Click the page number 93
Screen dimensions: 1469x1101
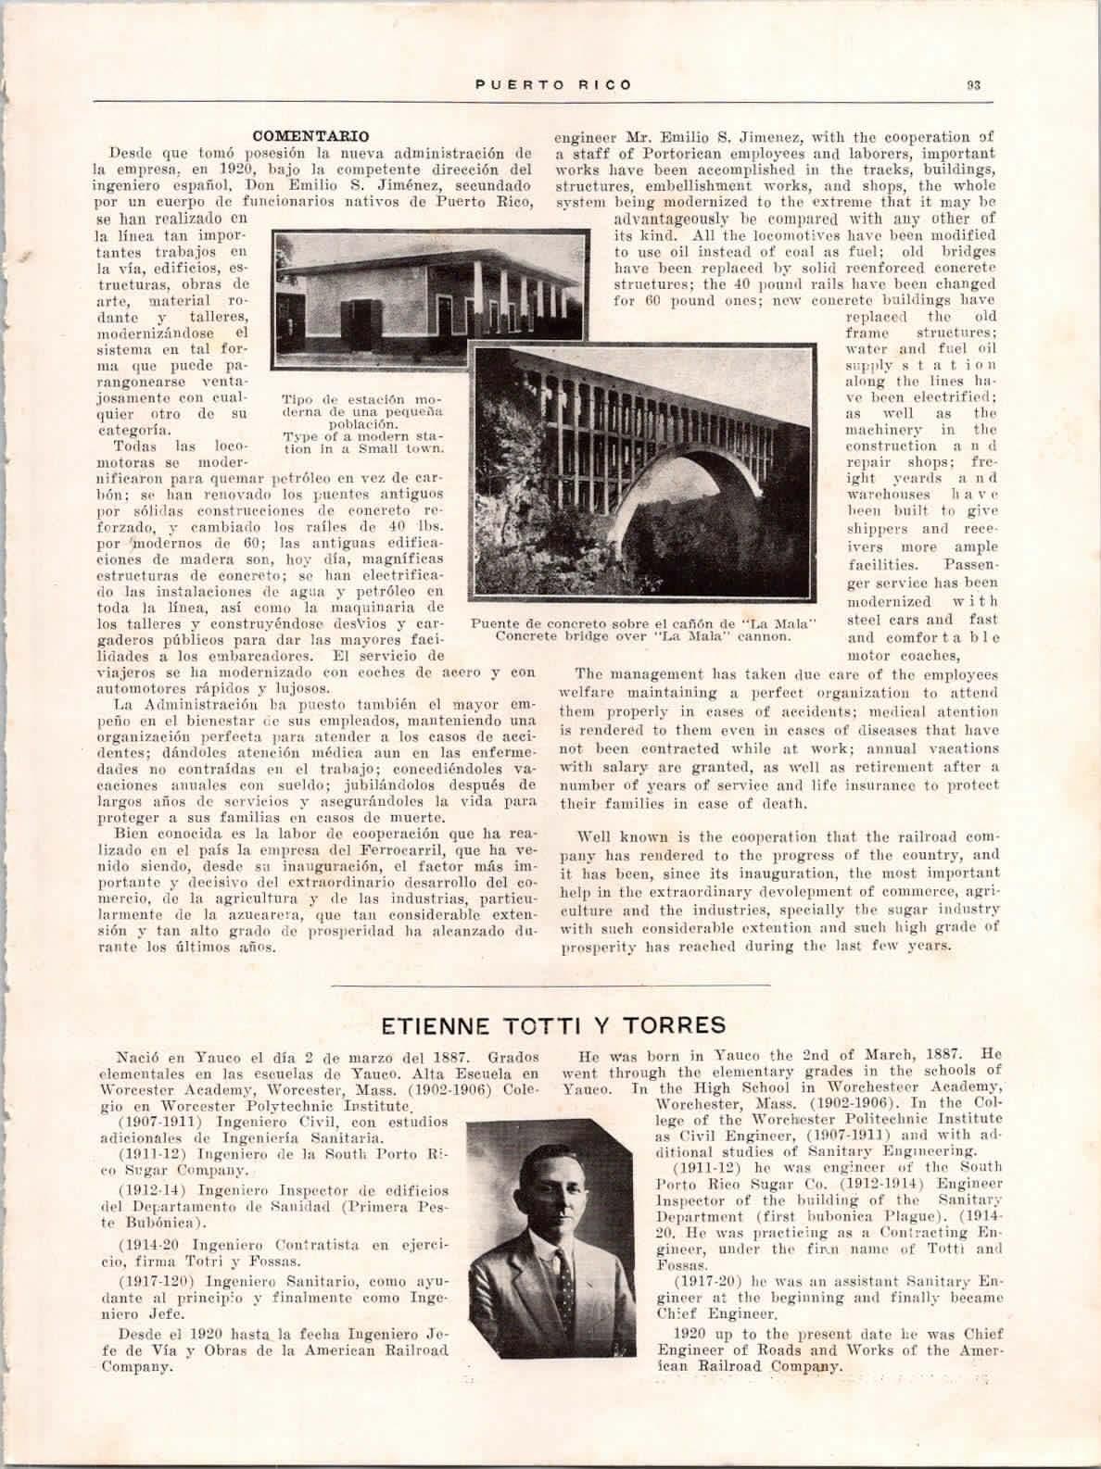point(973,84)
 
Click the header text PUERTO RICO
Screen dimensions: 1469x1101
point(554,84)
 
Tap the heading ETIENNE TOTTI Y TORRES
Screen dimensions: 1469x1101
point(553,1025)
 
